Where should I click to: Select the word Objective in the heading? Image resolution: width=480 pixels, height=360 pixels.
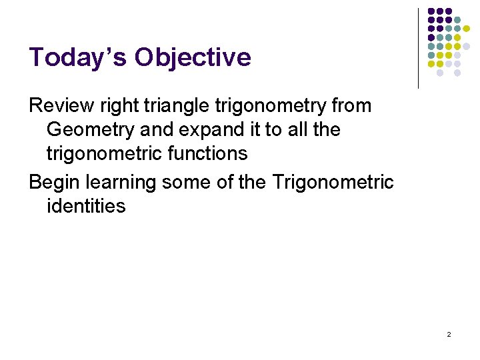click(193, 58)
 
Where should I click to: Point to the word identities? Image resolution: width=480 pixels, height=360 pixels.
click(86, 206)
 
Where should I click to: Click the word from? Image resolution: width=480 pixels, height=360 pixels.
click(350, 105)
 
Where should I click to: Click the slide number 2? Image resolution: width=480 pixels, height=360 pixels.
click(449, 334)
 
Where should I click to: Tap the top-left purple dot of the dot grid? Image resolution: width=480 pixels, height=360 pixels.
click(431, 11)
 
